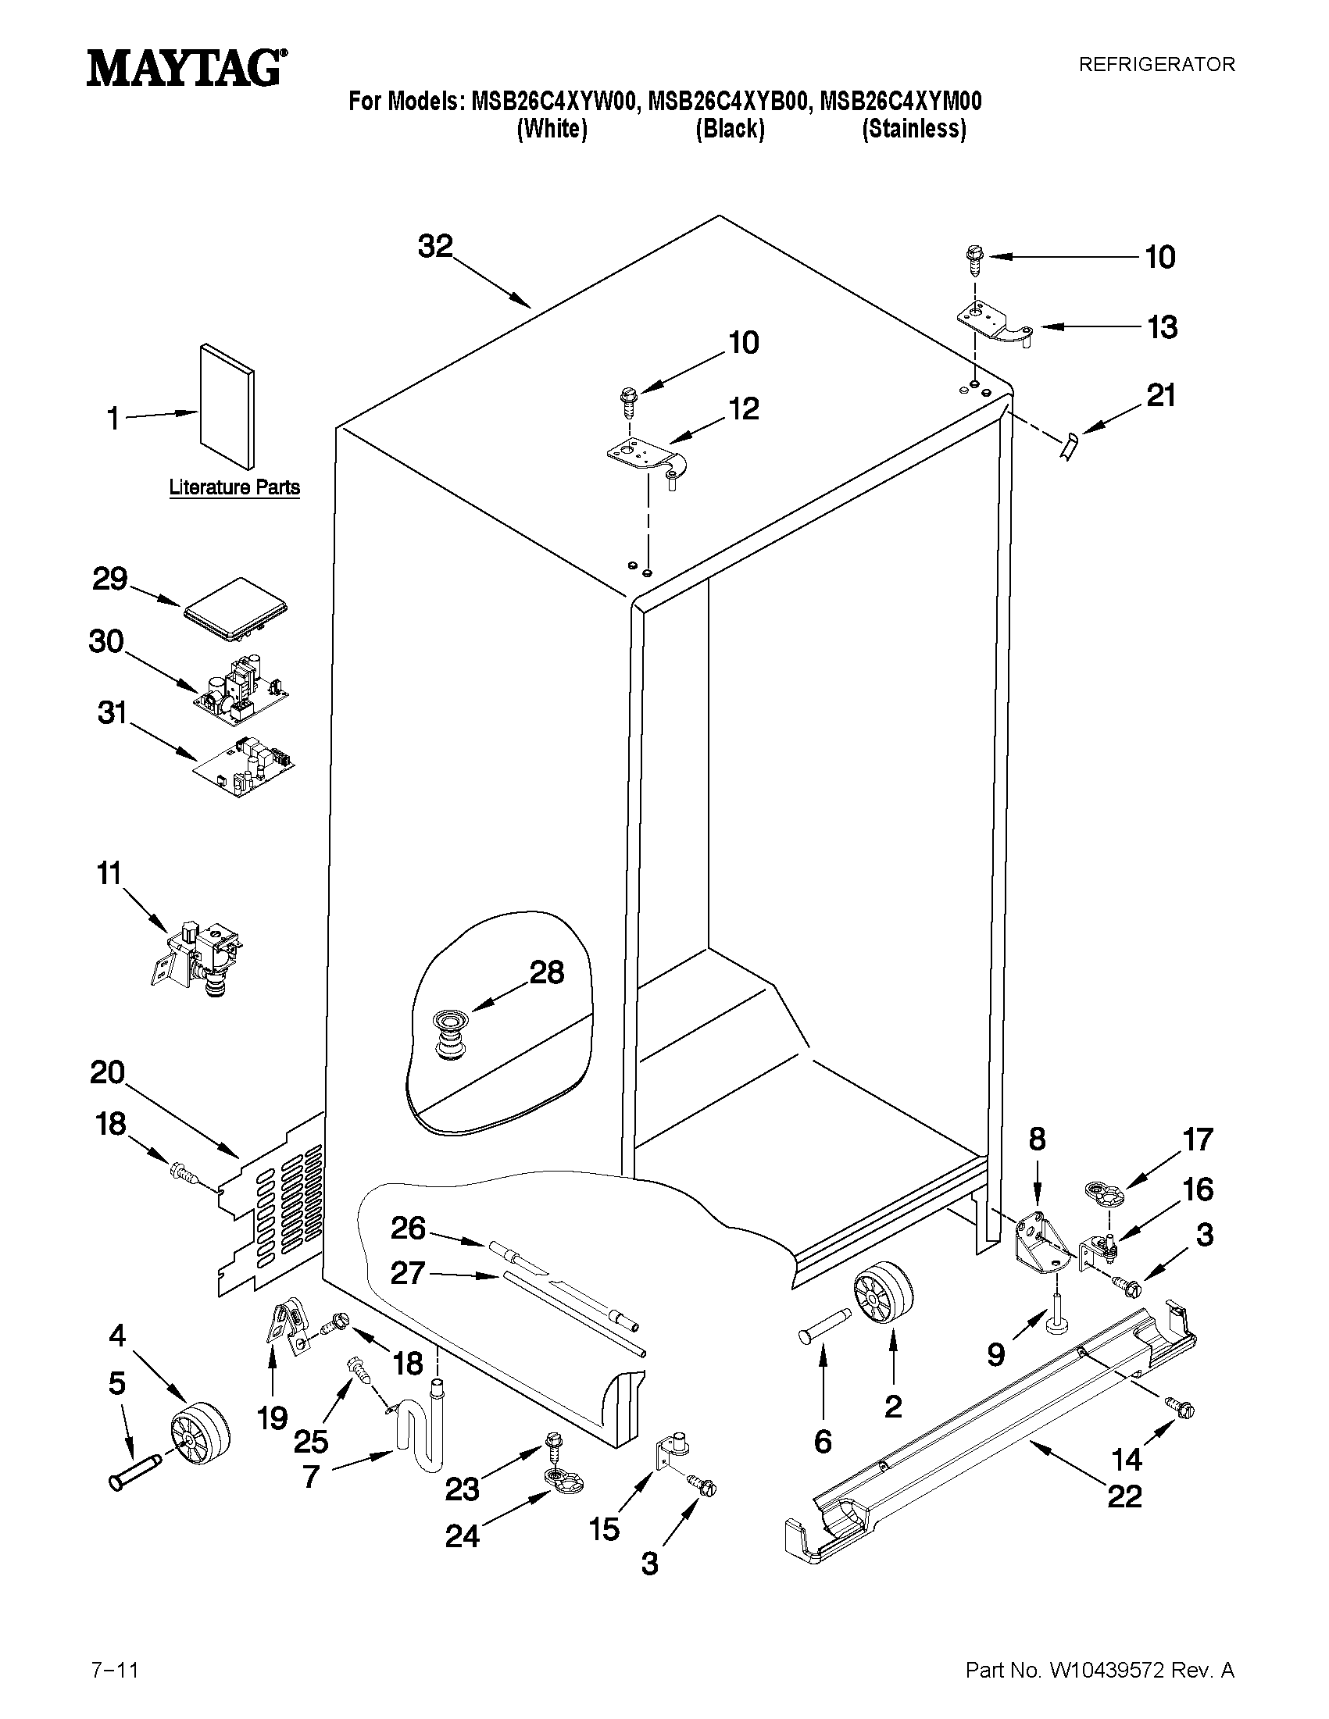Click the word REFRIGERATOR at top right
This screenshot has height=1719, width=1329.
1156,65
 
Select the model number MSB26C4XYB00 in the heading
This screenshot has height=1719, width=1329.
727,102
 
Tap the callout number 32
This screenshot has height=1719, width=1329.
435,246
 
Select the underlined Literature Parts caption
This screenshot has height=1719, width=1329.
234,487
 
